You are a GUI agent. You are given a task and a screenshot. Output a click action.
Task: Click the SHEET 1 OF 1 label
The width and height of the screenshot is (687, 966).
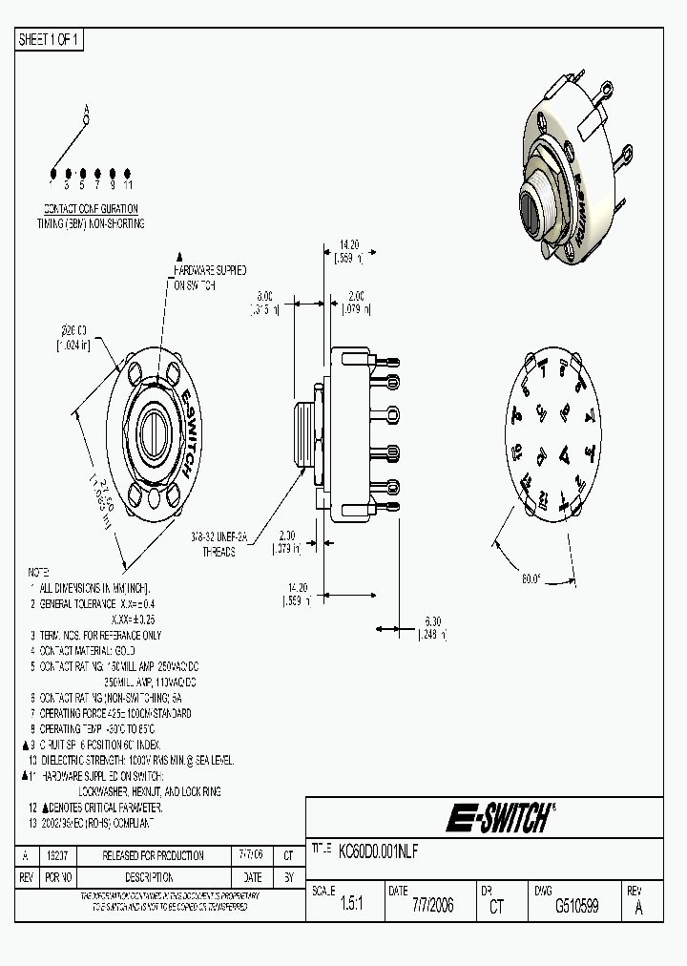(50, 39)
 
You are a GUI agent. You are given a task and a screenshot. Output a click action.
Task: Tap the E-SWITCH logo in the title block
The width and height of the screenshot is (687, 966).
(499, 818)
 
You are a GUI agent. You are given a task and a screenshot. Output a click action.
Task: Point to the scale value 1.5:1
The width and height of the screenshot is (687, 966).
(352, 906)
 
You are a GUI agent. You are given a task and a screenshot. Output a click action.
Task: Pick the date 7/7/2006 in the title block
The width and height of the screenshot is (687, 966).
(432, 906)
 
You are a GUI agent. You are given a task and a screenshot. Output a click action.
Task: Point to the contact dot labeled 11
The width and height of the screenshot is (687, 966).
(127, 172)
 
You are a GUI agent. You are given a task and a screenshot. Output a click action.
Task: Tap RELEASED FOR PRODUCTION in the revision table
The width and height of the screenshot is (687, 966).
(153, 855)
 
